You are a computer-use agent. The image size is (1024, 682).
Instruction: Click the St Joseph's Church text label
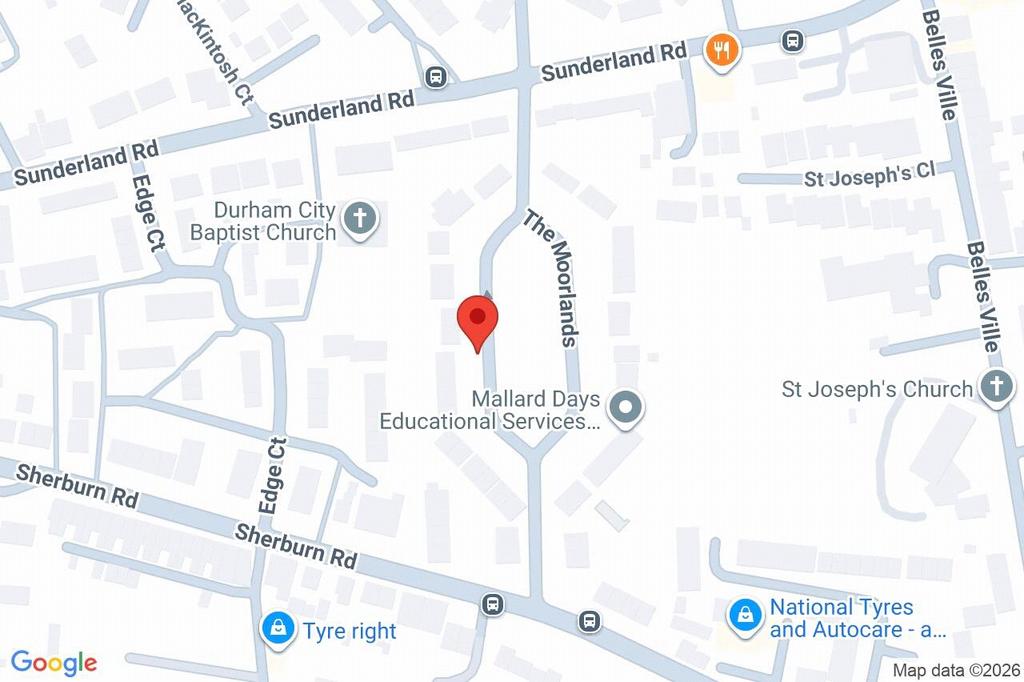(x=877, y=389)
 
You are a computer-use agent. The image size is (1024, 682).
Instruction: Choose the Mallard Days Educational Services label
(x=490, y=410)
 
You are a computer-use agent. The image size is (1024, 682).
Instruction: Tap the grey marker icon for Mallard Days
(x=626, y=408)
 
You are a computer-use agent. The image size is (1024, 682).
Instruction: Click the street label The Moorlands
(x=552, y=278)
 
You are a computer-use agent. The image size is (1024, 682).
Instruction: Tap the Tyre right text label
(x=350, y=631)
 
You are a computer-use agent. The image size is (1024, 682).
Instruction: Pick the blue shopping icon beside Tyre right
(x=276, y=628)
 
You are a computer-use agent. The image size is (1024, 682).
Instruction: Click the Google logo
(x=53, y=662)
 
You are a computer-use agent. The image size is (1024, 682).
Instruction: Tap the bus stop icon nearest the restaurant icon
(x=792, y=41)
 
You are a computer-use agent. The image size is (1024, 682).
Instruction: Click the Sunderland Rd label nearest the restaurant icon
(x=614, y=63)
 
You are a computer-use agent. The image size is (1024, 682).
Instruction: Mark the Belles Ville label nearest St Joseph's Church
(x=985, y=295)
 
